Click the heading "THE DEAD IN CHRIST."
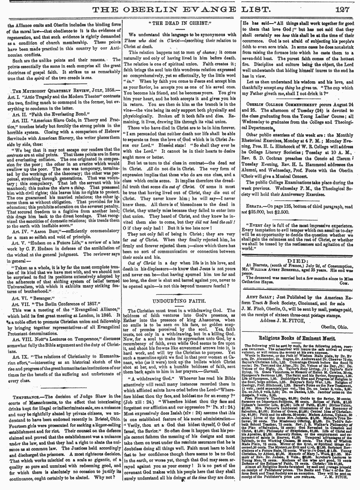point(180,23)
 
